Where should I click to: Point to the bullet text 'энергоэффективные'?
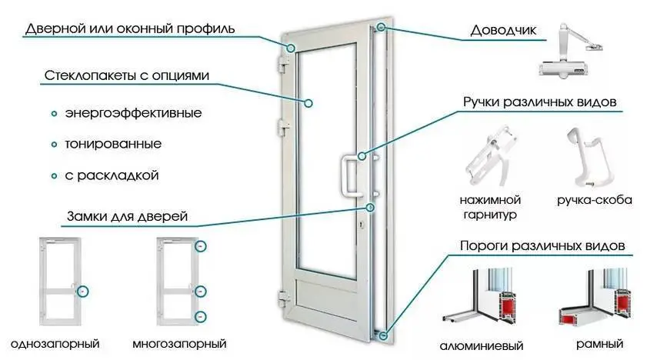133,113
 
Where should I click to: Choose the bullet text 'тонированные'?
112,144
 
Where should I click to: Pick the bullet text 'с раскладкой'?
112,175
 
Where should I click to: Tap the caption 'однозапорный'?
56,342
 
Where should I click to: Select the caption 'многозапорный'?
179,342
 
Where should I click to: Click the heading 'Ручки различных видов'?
540,102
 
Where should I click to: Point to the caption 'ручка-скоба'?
594,200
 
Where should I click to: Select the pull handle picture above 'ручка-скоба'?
589,158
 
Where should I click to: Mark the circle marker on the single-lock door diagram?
83,290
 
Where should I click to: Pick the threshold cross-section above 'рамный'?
597,300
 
